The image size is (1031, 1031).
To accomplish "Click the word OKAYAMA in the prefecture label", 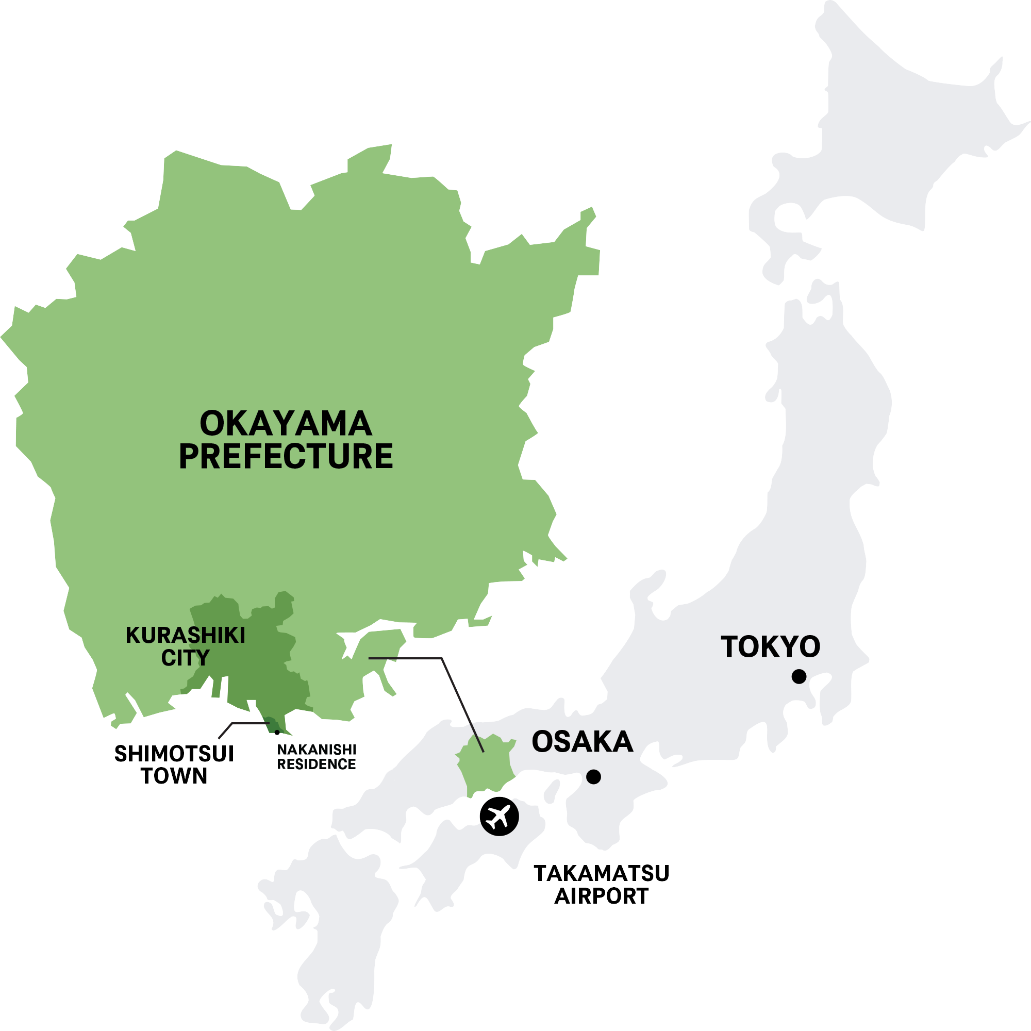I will click(286, 424).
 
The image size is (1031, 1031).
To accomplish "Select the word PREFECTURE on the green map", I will click(286, 457).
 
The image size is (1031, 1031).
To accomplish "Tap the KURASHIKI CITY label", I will click(185, 646).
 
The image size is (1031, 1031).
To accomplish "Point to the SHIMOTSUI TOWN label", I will click(174, 764).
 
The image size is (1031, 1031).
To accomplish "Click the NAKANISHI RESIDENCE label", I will click(317, 757).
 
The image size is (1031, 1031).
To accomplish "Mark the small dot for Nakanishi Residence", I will click(277, 732).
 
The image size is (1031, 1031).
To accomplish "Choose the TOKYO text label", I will click(770, 647).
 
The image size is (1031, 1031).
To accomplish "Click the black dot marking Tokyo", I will click(799, 677).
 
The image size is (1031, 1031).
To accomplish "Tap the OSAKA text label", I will click(582, 742).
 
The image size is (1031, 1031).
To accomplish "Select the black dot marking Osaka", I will click(593, 777).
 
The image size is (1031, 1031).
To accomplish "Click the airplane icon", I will click(499, 816).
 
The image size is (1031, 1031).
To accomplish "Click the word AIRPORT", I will click(602, 896).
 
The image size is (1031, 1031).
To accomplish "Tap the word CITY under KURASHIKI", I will click(185, 658).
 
